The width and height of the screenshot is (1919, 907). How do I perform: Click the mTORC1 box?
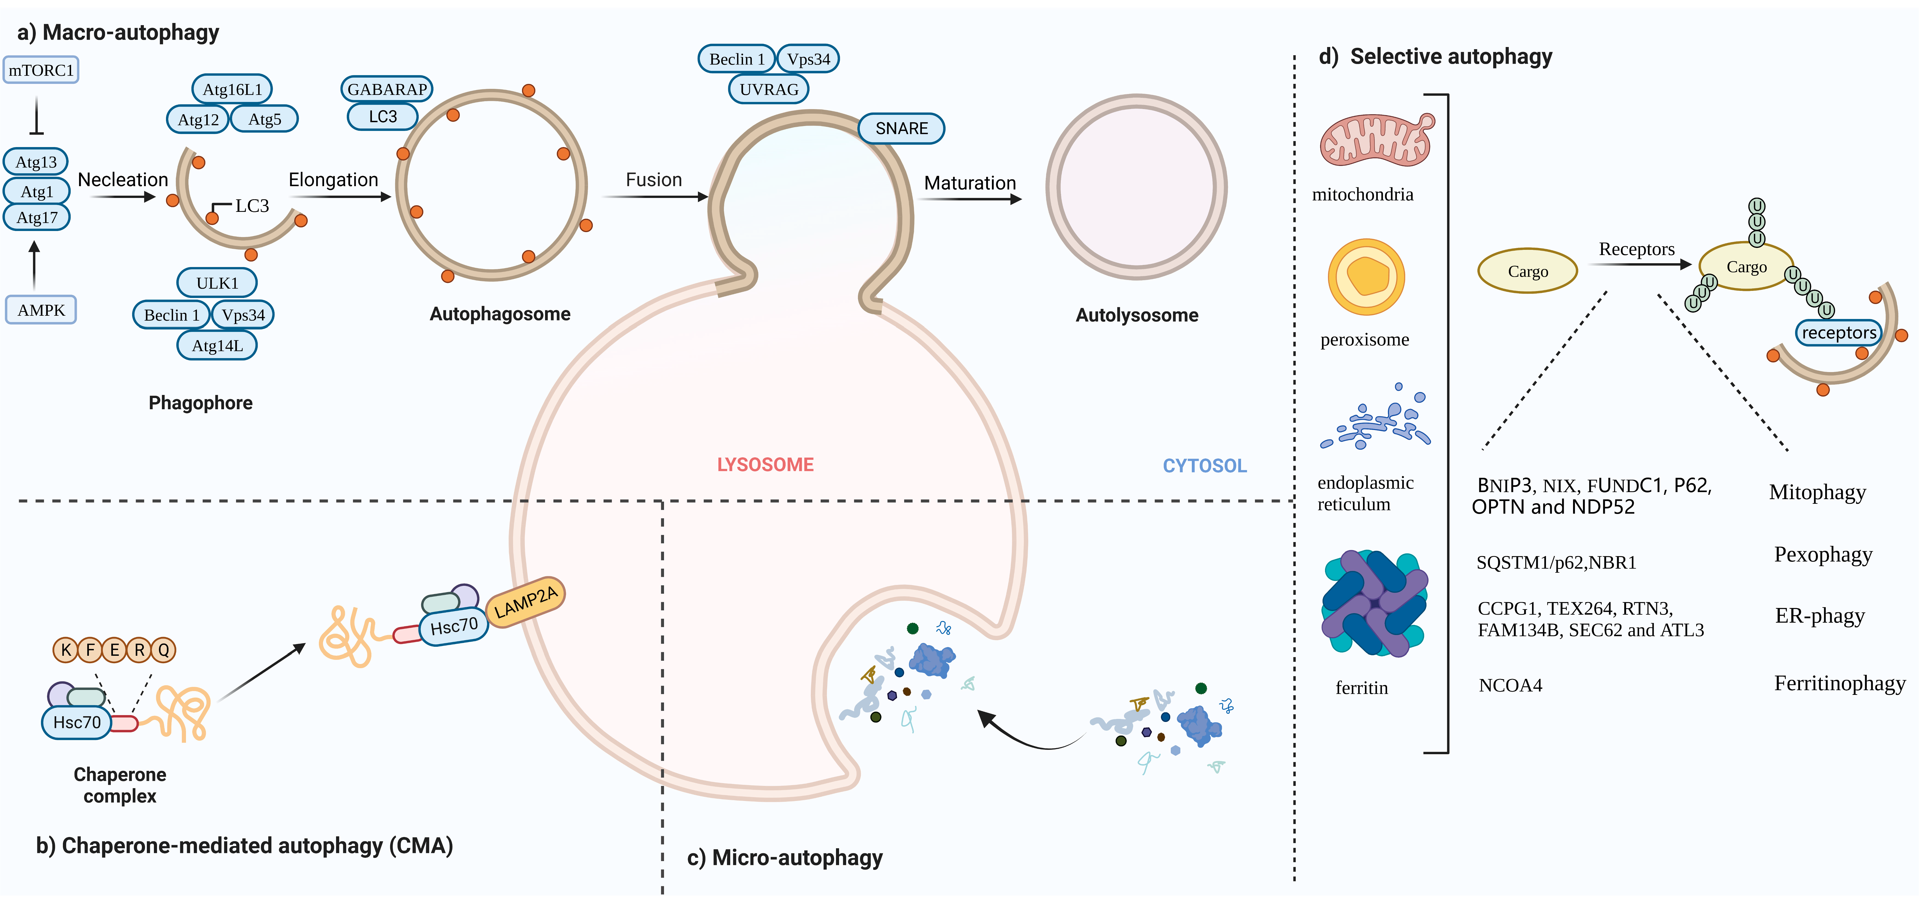pyautogui.click(x=41, y=70)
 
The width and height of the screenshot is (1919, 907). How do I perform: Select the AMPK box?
pyautogui.click(x=41, y=310)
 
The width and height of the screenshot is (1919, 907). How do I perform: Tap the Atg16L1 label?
pyautogui.click(x=232, y=89)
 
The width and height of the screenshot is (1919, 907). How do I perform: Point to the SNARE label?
pyautogui.click(x=901, y=128)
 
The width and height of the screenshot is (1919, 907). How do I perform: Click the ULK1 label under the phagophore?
pyautogui.click(x=217, y=283)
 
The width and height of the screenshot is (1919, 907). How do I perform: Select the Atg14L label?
pyautogui.click(x=217, y=346)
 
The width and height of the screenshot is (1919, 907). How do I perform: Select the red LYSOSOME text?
pyautogui.click(x=765, y=465)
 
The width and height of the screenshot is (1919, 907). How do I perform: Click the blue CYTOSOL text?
pyautogui.click(x=1205, y=466)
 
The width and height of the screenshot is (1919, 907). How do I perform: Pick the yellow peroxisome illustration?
pyautogui.click(x=1366, y=277)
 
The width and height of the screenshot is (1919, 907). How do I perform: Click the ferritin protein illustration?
pyautogui.click(x=1375, y=603)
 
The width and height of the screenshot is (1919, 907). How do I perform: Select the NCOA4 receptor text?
pyautogui.click(x=1510, y=685)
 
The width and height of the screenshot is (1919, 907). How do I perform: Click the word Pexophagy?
pyautogui.click(x=1823, y=555)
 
